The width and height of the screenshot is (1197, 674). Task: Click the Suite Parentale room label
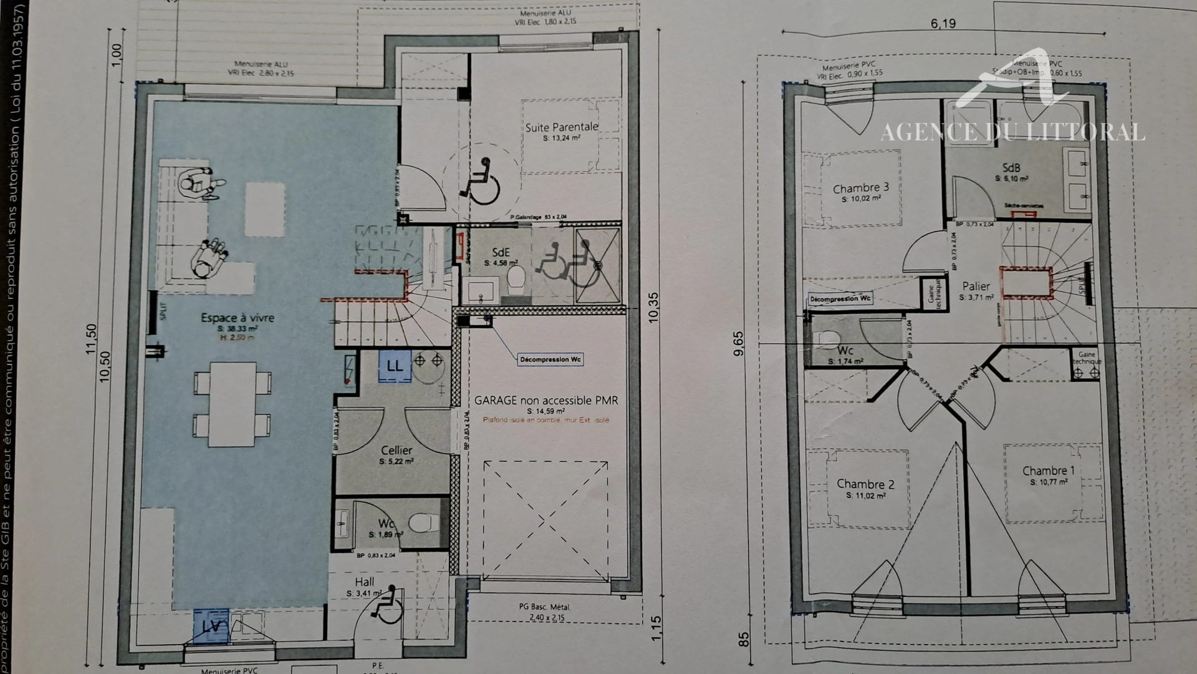pos(561,127)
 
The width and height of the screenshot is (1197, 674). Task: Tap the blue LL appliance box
pos(395,366)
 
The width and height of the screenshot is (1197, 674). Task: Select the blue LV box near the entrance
pos(211,626)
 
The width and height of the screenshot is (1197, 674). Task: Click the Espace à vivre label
pos(237,318)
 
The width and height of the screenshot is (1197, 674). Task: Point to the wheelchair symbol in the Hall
pos(388,605)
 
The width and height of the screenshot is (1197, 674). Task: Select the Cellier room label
pos(397,450)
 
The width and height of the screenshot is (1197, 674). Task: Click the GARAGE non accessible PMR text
pos(546,401)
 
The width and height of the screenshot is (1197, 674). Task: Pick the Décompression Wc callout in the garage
pos(550,359)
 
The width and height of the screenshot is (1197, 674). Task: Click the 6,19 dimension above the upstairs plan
pos(943,24)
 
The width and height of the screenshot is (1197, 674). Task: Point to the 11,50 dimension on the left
pos(91,339)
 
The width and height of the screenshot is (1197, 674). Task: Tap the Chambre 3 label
pos(860,188)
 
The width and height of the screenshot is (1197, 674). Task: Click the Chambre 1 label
pos(1048,471)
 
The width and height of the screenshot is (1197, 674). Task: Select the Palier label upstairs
pos(976,286)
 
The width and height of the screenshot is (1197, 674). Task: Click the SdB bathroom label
pos(1011,168)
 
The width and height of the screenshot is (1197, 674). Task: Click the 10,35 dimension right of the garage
pos(653,307)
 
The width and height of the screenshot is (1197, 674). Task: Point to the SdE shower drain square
pos(597,265)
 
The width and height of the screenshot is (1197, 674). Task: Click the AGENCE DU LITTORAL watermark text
pos(1012,132)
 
